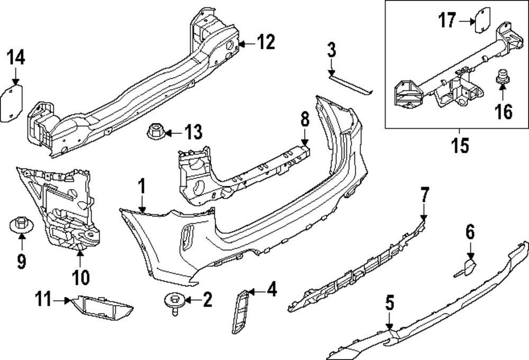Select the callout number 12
tap(266, 42)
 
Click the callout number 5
tap(389, 303)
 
